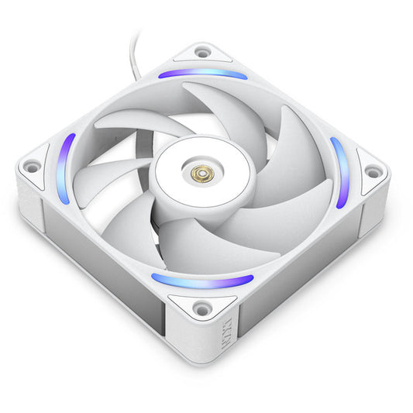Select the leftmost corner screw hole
[33, 165]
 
